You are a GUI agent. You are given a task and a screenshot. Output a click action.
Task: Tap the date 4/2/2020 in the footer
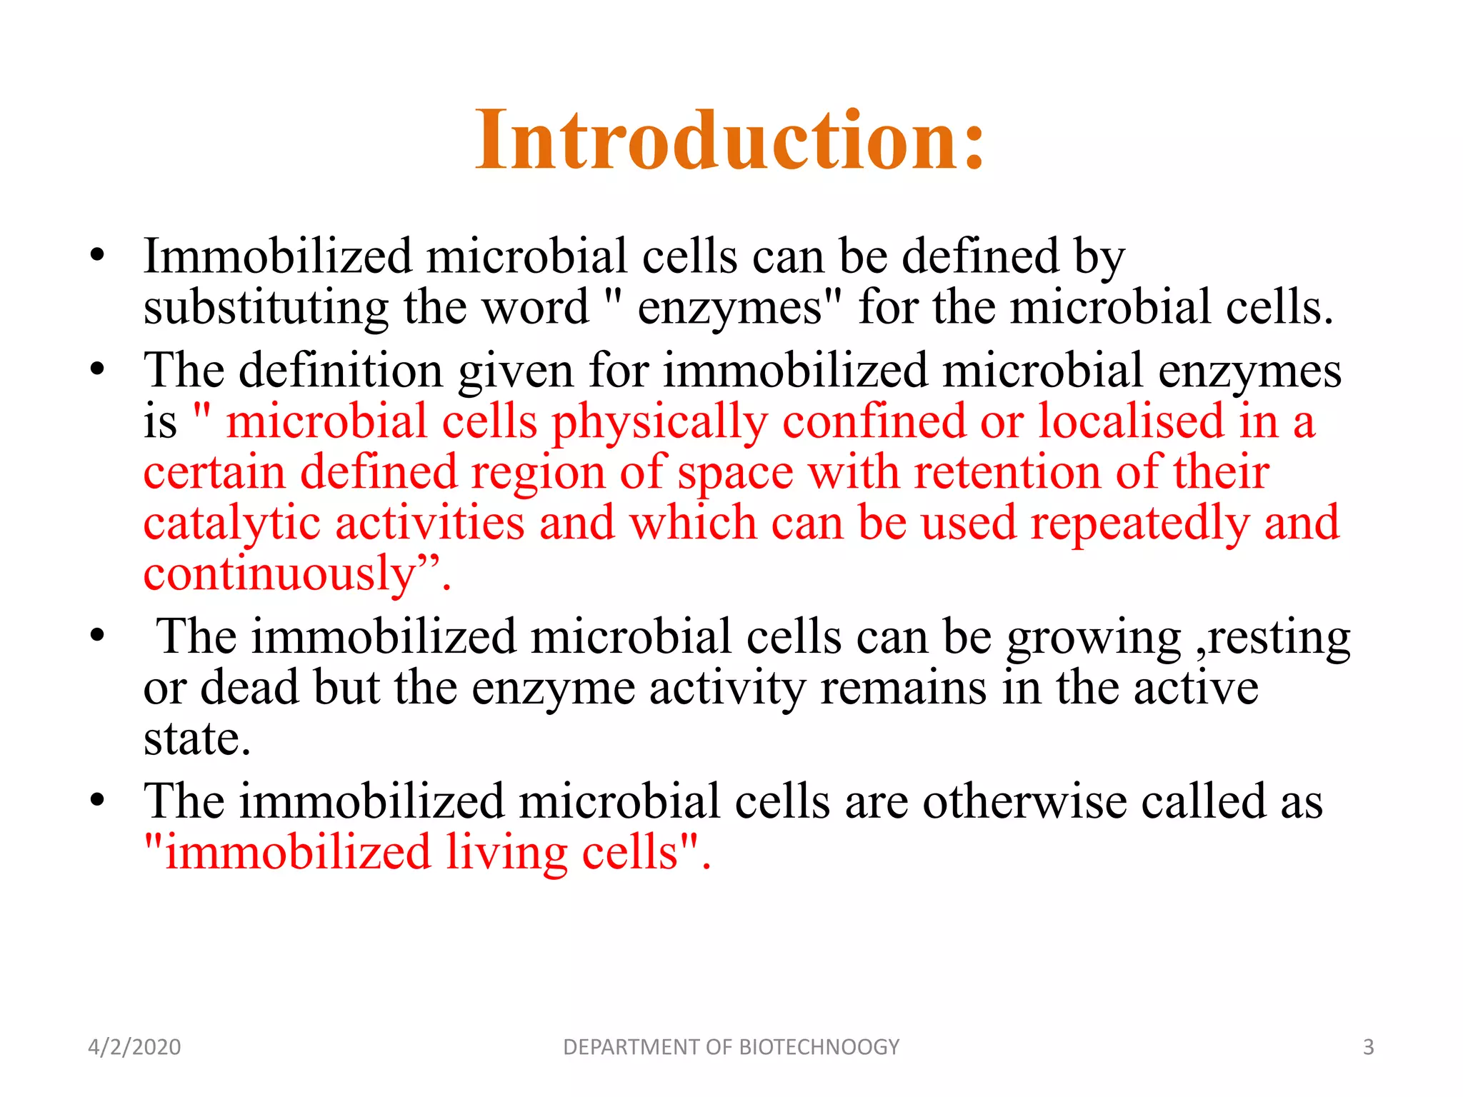tap(134, 1047)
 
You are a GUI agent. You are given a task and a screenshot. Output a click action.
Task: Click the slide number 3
tap(1368, 1047)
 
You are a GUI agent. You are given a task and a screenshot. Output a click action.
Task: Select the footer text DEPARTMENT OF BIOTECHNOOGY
tap(731, 1047)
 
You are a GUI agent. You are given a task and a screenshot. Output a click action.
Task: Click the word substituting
tap(266, 309)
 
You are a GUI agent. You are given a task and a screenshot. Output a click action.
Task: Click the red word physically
tap(659, 423)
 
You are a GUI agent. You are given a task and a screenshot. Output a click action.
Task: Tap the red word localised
tap(1130, 421)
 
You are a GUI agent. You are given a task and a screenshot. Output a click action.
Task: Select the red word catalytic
tap(231, 524)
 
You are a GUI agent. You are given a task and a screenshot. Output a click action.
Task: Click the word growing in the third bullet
tap(1093, 638)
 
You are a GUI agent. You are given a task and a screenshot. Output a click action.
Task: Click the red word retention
tap(1007, 473)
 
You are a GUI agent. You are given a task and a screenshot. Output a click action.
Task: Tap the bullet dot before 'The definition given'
tap(98, 370)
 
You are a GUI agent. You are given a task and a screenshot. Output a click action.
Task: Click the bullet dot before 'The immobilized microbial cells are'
tap(98, 800)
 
